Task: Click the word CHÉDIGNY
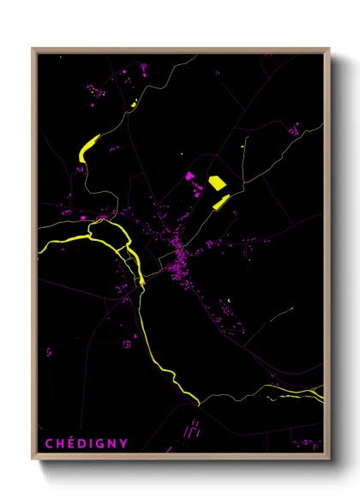click(86, 442)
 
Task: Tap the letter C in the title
click(49, 442)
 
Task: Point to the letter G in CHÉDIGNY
click(99, 442)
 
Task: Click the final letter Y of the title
click(123, 442)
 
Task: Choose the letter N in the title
click(111, 442)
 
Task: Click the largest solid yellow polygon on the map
click(217, 182)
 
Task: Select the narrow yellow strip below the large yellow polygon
click(220, 202)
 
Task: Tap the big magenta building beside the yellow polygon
click(190, 177)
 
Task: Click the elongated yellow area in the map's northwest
click(89, 147)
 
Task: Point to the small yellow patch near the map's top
click(135, 104)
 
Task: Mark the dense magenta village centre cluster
click(179, 252)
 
